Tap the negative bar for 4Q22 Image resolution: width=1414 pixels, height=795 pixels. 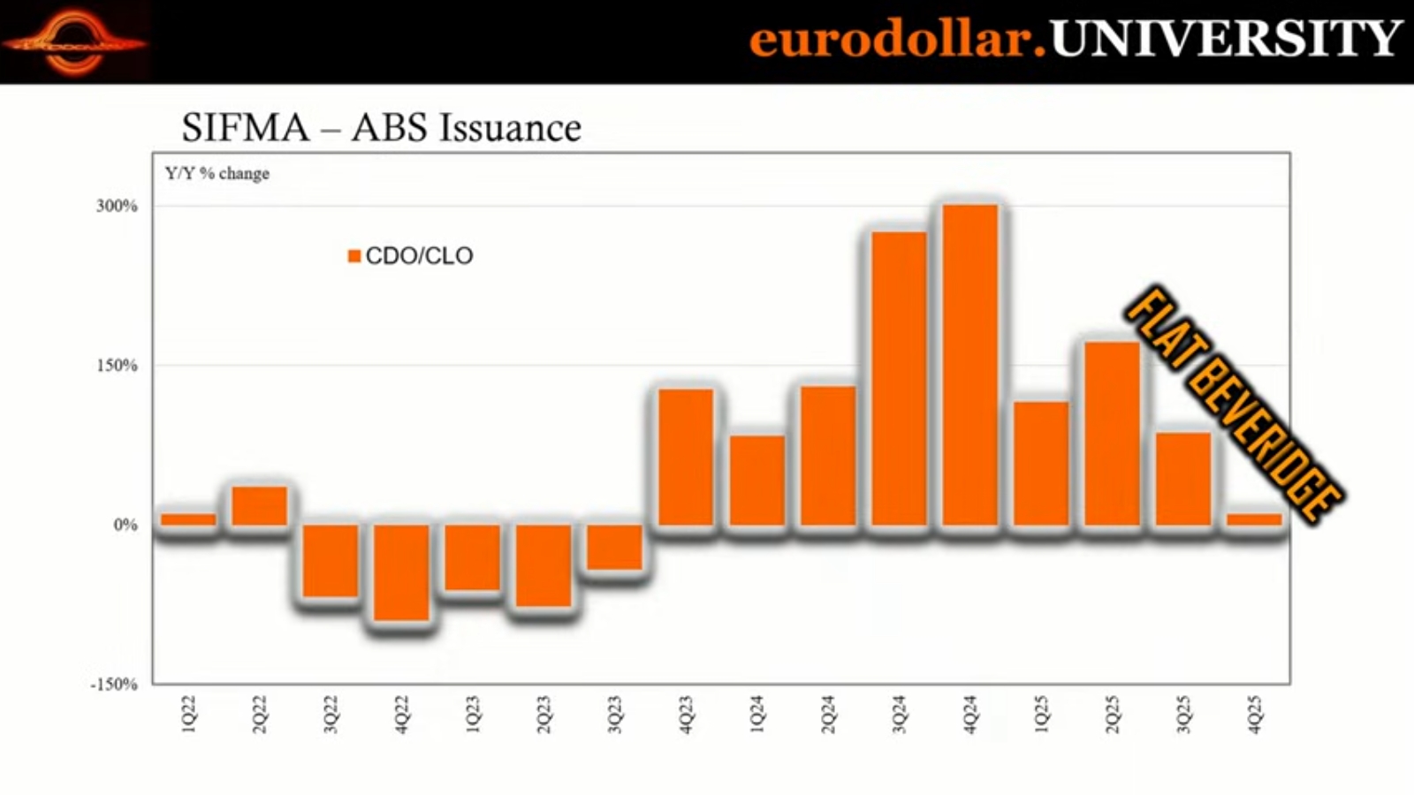point(401,572)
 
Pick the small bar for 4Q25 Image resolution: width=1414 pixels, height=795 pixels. point(1254,519)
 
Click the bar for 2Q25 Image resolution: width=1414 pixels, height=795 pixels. point(1113,433)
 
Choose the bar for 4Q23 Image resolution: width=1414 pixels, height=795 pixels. point(686,457)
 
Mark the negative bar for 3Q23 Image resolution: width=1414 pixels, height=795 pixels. point(614,547)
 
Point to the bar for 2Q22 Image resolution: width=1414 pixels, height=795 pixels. point(260,505)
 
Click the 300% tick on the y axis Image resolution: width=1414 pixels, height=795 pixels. point(118,206)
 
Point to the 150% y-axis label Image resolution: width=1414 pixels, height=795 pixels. point(118,366)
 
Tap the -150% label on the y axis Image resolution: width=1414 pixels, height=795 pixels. point(114,685)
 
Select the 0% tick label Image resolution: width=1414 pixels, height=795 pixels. point(125,525)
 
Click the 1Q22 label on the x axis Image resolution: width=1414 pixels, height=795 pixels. point(188,714)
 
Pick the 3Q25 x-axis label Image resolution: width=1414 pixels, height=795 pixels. point(1183,714)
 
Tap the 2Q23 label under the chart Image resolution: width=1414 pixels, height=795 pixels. point(544,714)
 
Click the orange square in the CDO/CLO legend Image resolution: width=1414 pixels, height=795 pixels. point(354,256)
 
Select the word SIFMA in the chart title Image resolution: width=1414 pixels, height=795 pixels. point(245,128)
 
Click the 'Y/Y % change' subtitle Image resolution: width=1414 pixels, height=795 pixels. point(217,173)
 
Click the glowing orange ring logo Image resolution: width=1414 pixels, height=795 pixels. point(74,42)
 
